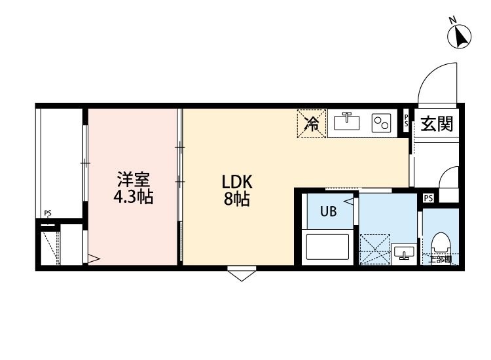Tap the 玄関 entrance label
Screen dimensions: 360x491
437,124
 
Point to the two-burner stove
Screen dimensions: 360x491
381,123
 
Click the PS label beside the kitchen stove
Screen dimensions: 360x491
407,121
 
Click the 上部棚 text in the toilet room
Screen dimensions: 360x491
440,260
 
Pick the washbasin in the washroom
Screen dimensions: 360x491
402,253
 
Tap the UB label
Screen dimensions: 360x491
328,211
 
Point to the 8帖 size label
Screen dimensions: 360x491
237,200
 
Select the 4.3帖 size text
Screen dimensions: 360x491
134,196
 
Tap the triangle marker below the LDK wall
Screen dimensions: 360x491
242,274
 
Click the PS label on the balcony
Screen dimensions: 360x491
48,213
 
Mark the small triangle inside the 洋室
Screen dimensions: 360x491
93,260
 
